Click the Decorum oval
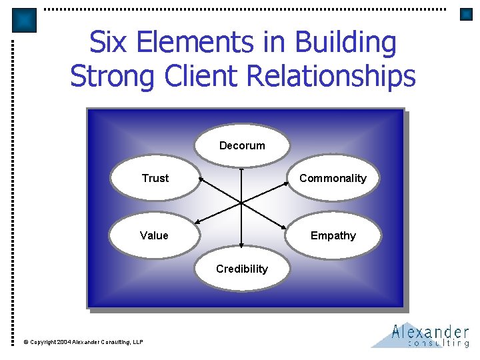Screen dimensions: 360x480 242,145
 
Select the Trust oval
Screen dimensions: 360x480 155,178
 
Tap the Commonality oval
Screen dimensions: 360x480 333,178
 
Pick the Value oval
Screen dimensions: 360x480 154,235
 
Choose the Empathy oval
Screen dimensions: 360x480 333,235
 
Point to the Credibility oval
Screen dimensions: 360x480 242,269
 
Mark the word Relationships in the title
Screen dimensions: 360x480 331,75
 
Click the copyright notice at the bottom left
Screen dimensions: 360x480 83,342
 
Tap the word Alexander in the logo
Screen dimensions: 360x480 430,331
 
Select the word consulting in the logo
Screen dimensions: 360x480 438,343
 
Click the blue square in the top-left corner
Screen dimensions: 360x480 25,21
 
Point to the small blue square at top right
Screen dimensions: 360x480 466,14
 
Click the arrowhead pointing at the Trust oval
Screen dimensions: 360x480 201,180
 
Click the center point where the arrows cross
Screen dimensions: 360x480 241,201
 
